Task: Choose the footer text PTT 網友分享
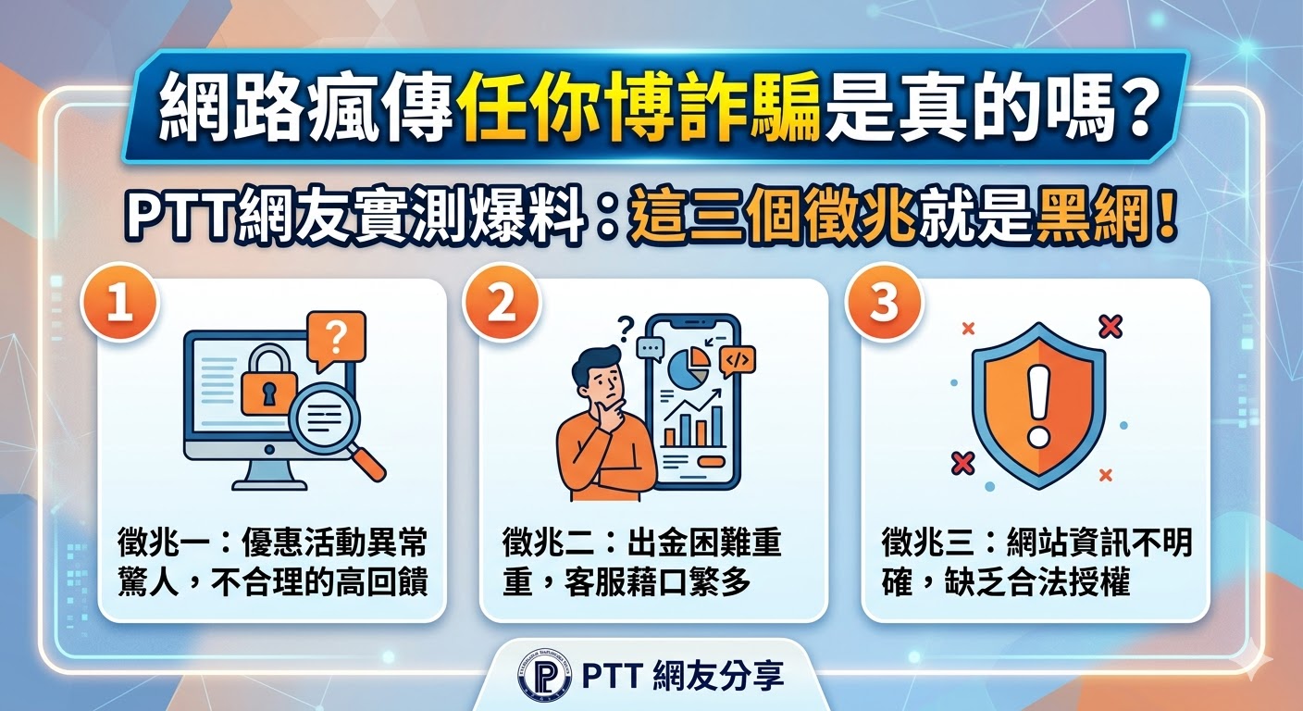point(683,676)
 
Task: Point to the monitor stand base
point(269,482)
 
